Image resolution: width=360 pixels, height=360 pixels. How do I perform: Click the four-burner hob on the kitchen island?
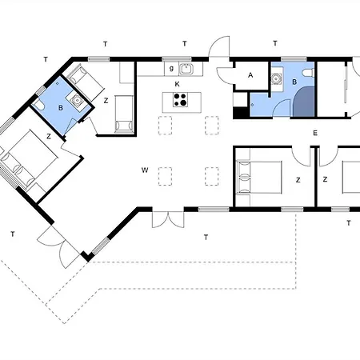(x=179, y=100)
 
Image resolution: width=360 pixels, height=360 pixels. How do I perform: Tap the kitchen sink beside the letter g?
(x=186, y=69)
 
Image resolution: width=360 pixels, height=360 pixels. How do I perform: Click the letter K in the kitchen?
(x=177, y=84)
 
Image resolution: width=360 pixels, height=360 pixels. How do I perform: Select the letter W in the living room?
(x=145, y=170)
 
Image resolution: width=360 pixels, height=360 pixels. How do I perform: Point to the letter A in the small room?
(x=250, y=75)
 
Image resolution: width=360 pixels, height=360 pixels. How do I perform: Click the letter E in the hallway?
(x=315, y=133)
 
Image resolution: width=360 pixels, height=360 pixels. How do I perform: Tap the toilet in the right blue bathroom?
(x=309, y=73)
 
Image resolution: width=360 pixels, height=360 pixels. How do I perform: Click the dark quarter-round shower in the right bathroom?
(x=304, y=102)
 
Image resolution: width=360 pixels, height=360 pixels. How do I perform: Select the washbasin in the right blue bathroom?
(x=275, y=79)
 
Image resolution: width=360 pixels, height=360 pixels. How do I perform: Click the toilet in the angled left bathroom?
(x=38, y=106)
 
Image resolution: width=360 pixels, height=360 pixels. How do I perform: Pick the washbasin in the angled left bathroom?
(x=77, y=100)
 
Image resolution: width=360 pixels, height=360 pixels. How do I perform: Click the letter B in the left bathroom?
(x=61, y=108)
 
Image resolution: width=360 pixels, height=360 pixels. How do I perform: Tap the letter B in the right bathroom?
(x=294, y=82)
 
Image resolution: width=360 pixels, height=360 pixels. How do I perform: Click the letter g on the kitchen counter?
(x=171, y=69)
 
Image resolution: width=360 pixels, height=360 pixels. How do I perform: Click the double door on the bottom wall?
(x=168, y=219)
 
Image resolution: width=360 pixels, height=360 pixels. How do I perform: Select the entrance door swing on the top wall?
(x=219, y=46)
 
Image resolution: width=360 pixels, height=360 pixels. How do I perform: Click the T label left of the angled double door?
(x=13, y=234)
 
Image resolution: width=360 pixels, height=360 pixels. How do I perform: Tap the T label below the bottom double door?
(x=206, y=237)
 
